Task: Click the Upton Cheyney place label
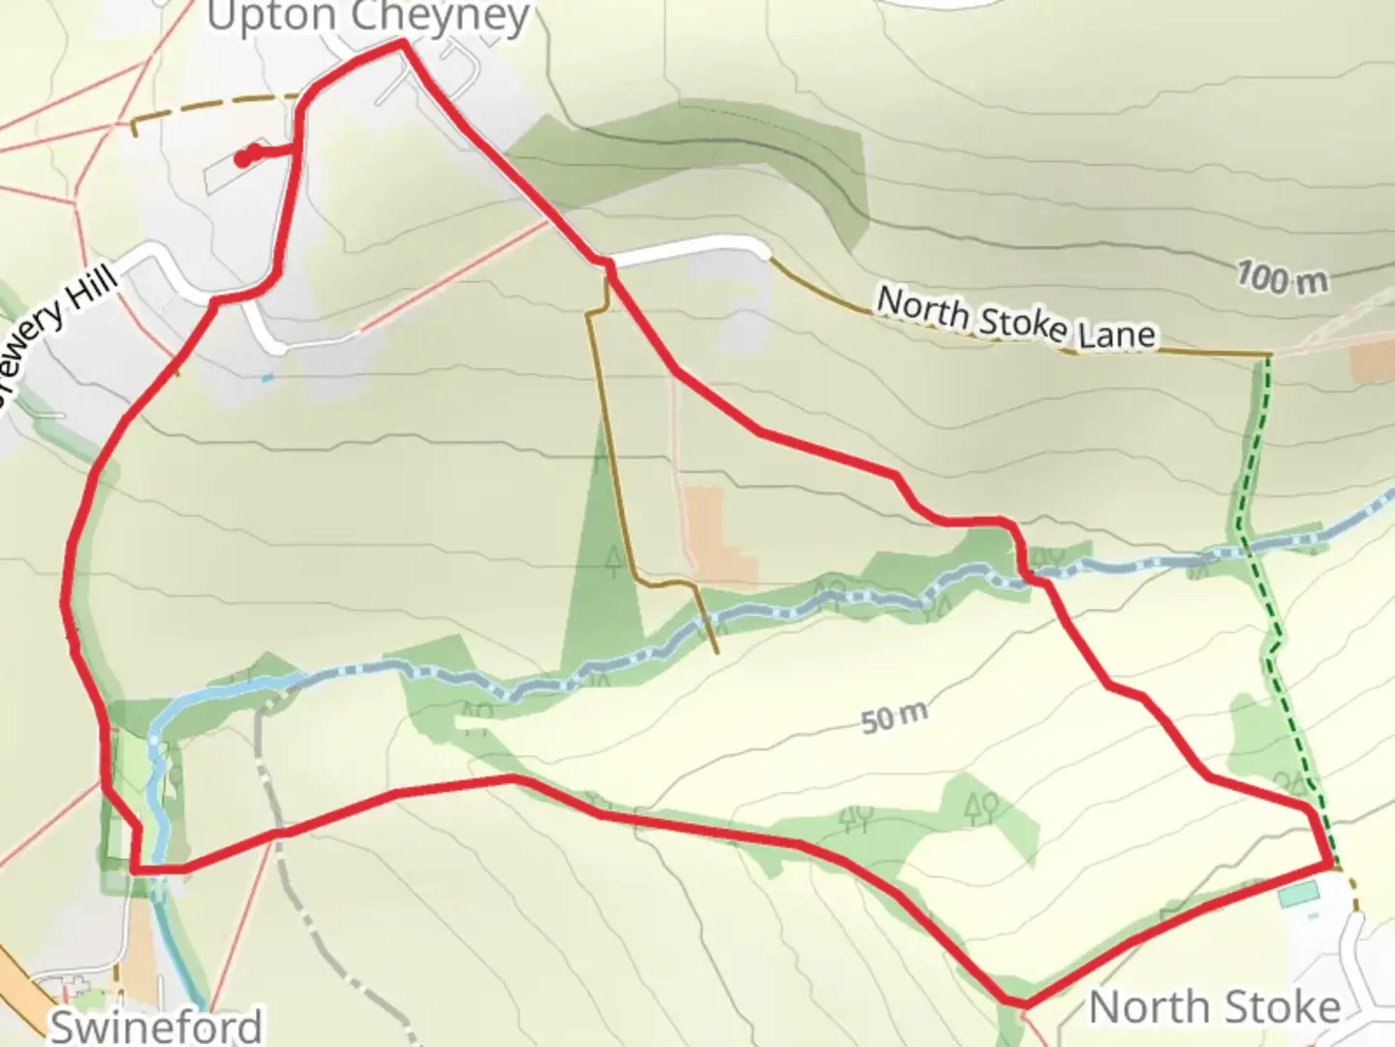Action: [368, 17]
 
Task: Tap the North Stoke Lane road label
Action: [1015, 317]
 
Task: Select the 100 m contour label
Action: [1282, 279]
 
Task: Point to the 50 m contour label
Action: [893, 718]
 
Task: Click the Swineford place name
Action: [156, 1026]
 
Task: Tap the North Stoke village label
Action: [1214, 1008]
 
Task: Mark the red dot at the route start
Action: [245, 156]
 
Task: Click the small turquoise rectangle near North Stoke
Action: [1298, 895]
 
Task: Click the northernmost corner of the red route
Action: [401, 44]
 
